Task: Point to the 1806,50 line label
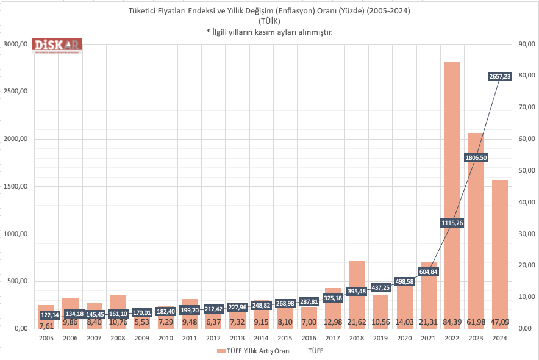[476, 157]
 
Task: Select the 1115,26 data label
[452, 223]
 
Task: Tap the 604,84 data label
[428, 272]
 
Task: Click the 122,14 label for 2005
[49, 315]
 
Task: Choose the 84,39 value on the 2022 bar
[452, 322]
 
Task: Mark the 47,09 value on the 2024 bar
[499, 322]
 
